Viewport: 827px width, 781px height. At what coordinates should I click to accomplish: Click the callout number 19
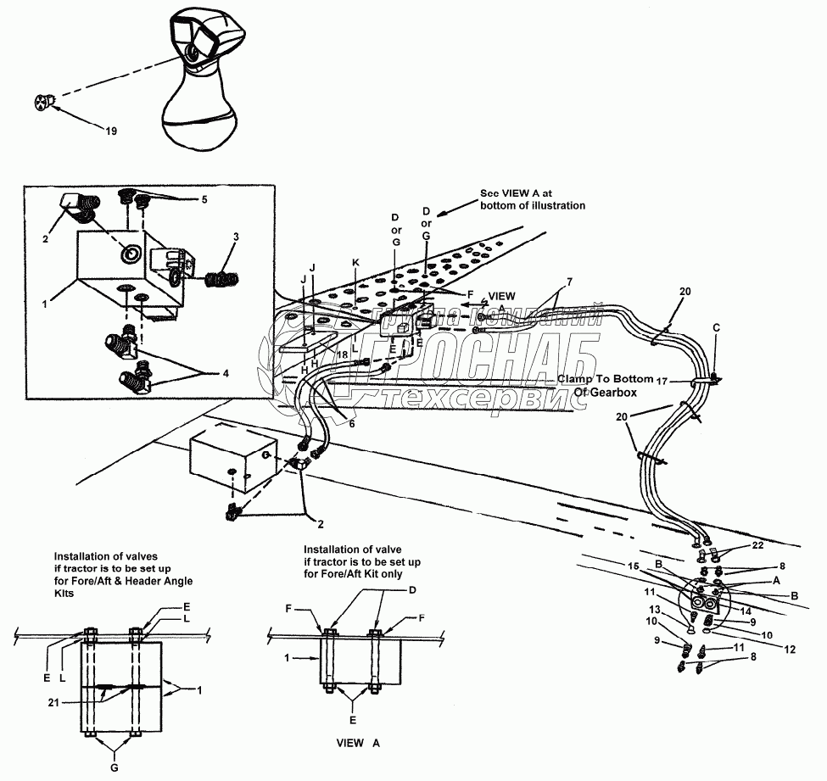click(x=111, y=131)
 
